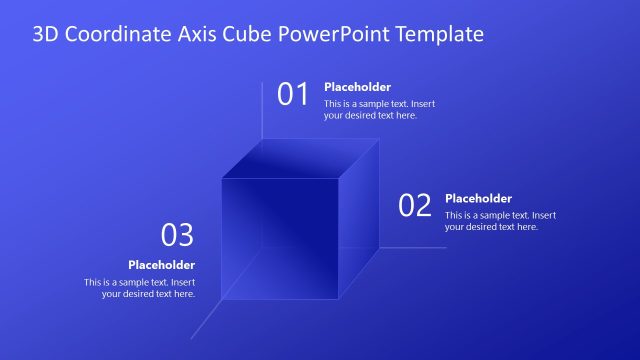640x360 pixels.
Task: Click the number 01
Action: (293, 95)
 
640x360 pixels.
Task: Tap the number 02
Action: (415, 206)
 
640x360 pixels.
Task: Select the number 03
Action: (177, 236)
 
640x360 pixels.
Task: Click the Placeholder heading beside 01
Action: (357, 87)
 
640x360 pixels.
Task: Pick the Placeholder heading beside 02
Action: (478, 198)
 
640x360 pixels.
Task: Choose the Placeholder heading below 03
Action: (161, 265)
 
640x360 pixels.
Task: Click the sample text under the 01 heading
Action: (379, 110)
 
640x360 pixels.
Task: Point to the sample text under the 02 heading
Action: (500, 221)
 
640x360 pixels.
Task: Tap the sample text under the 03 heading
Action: (140, 288)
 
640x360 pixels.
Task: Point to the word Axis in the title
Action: (204, 35)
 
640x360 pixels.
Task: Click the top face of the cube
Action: (300, 158)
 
